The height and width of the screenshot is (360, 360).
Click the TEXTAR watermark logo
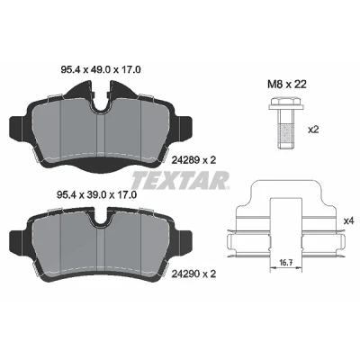pyautogui.click(x=181, y=180)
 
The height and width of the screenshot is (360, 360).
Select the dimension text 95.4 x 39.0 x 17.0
pyautogui.click(x=96, y=195)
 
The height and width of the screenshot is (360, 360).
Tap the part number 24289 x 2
pyautogui.click(x=193, y=160)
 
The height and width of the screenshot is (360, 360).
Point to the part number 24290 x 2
pyautogui.click(x=193, y=274)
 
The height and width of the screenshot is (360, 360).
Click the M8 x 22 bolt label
pyautogui.click(x=287, y=85)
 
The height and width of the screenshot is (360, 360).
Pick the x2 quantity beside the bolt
pyautogui.click(x=313, y=130)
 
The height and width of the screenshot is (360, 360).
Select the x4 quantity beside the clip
pyautogui.click(x=349, y=221)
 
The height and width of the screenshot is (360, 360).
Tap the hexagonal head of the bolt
pyautogui.click(x=285, y=103)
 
